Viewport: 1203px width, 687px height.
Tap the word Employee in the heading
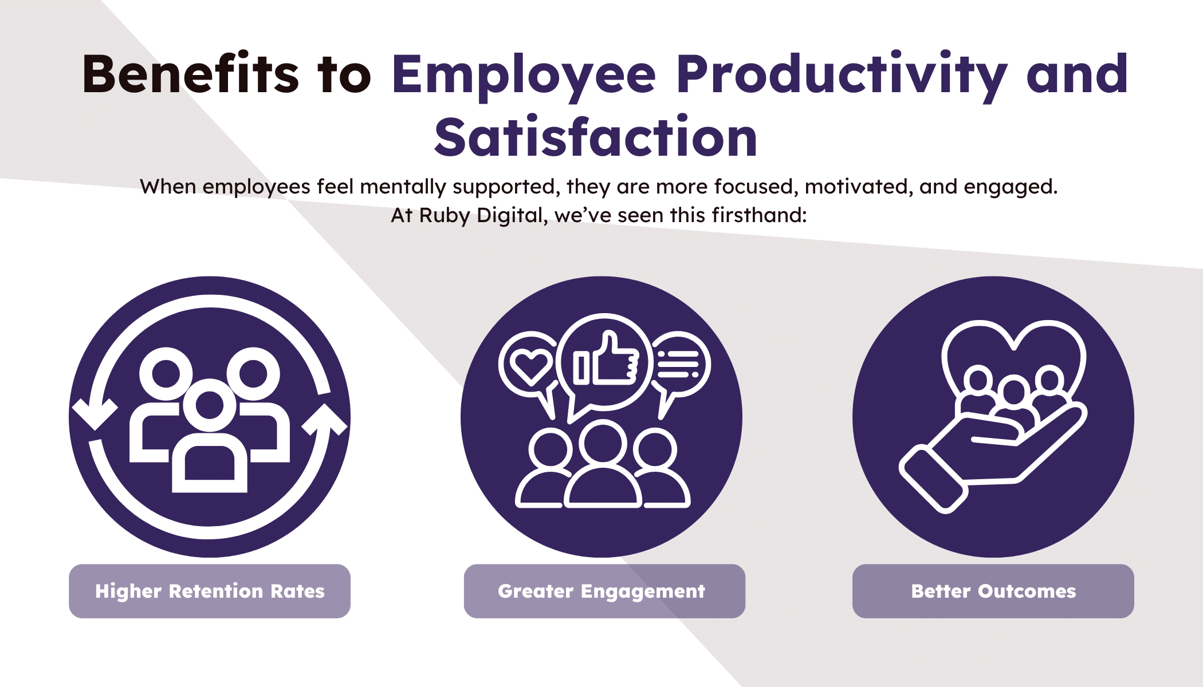point(524,77)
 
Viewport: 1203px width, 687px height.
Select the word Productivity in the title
point(842,77)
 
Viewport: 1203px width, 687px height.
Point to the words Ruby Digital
point(481,215)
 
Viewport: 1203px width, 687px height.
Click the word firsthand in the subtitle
point(759,215)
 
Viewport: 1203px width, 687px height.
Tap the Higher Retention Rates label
point(210,591)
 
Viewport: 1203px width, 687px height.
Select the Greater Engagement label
point(604,591)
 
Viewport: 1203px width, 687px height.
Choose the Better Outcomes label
point(993,591)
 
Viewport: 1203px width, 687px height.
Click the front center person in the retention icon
point(210,435)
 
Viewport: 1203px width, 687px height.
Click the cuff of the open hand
point(933,480)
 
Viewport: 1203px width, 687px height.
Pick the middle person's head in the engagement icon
point(603,442)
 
